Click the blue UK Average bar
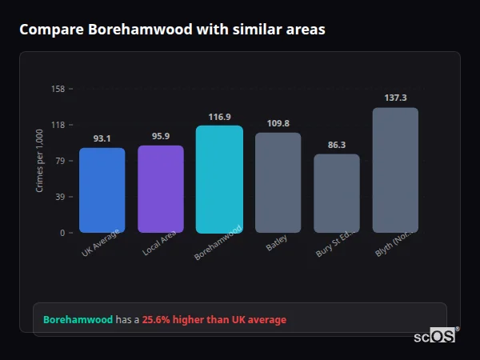(102, 190)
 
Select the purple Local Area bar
(160, 189)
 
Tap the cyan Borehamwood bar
(219, 179)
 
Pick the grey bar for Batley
(278, 182)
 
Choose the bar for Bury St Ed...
(337, 194)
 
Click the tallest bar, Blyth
(395, 170)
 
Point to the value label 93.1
(102, 138)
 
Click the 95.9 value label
(160, 136)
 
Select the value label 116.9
(219, 117)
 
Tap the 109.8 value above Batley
(278, 123)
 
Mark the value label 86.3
(337, 145)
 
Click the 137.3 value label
(395, 98)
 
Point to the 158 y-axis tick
(58, 89)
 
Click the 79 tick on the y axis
(60, 161)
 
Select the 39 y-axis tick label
(60, 197)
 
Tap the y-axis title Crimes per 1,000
(40, 161)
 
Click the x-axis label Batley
(277, 242)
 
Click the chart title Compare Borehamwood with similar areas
(172, 30)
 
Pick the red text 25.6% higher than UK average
(214, 320)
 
